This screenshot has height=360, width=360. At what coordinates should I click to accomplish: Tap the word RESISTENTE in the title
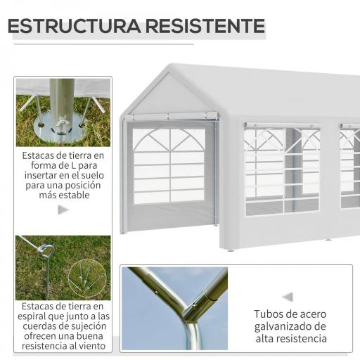pos(203,27)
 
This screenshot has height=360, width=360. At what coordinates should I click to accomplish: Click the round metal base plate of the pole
pos(63,126)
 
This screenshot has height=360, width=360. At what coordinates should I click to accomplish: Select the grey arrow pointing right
pos(63,210)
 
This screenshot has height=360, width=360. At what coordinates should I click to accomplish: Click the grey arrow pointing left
pos(287,297)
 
